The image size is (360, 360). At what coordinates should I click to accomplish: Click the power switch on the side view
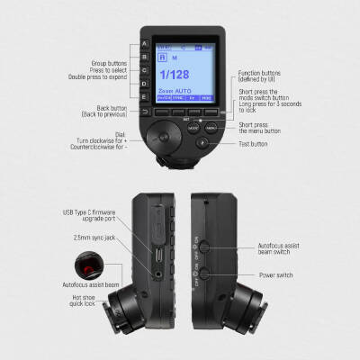tap(204, 274)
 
